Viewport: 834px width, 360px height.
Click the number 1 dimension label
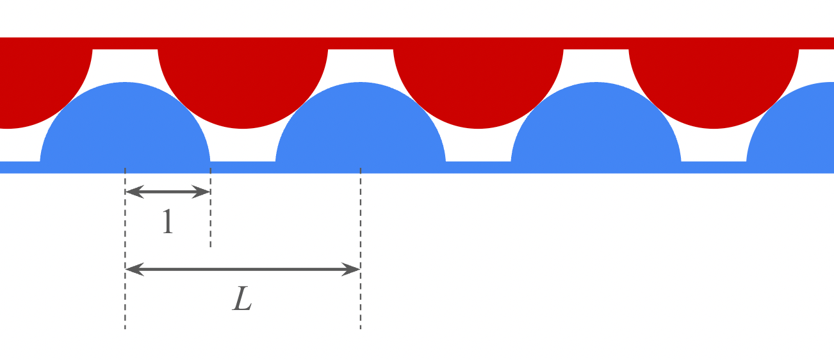tap(168, 222)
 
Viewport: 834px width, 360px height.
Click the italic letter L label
tap(242, 299)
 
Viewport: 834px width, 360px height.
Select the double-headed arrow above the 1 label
tap(168, 192)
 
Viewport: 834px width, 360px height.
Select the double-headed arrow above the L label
tap(243, 270)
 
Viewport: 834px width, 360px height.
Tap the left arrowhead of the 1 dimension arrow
tap(130, 192)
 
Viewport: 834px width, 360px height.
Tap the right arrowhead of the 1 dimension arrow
tap(205, 192)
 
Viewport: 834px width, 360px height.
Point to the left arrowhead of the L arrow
tap(131, 270)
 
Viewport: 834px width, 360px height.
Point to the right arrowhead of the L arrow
tap(355, 270)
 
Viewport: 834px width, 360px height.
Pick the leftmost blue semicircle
tap(125, 128)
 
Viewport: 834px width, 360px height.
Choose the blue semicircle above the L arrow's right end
tap(361, 128)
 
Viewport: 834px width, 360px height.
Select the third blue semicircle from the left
tap(596, 128)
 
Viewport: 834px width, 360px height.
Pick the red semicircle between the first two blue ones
tap(243, 83)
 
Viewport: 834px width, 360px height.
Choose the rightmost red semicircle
tap(714, 83)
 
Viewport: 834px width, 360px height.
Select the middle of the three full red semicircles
tap(478, 83)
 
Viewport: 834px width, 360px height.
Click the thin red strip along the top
tap(416, 43)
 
